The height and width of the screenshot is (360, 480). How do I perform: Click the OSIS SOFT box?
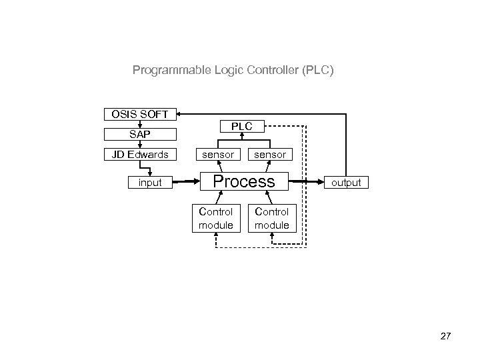[140, 114]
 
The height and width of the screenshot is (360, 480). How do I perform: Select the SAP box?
[140, 134]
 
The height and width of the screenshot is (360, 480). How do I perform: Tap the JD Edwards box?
[140, 155]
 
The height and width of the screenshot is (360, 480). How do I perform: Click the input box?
[149, 182]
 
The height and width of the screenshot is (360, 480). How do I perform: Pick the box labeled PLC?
[243, 126]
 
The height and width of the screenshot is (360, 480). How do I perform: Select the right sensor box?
[270, 155]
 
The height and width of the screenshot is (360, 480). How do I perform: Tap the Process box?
[243, 181]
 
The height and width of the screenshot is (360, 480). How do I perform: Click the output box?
[345, 182]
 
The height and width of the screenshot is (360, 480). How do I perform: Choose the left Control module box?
[216, 219]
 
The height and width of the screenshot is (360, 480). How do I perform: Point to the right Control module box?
[271, 219]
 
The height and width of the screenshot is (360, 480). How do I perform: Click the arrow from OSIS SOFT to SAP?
[140, 124]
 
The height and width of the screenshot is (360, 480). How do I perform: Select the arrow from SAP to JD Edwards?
[140, 145]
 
